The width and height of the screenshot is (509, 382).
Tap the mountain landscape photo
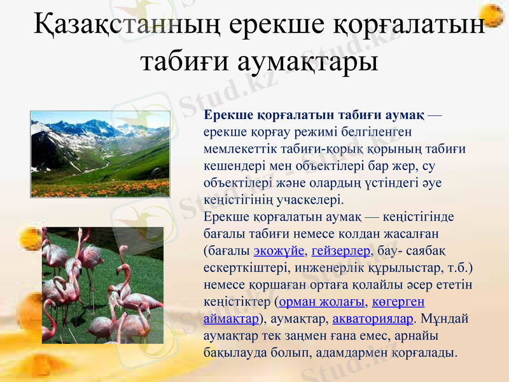(x=100, y=153)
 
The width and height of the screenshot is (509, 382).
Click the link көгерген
(x=398, y=301)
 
